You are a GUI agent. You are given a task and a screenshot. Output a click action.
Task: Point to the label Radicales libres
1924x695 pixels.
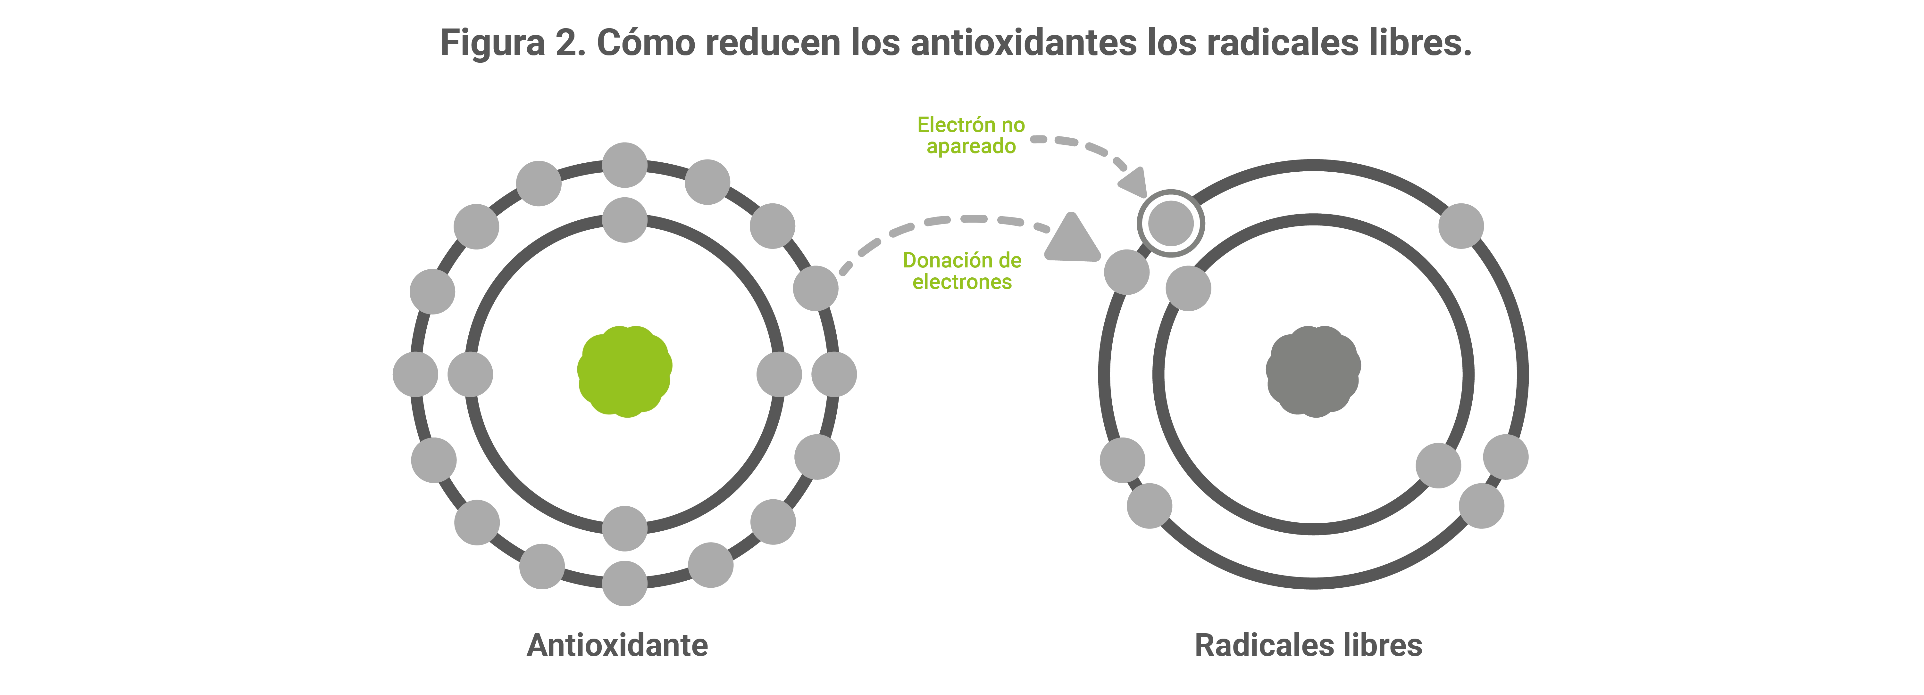click(x=1309, y=645)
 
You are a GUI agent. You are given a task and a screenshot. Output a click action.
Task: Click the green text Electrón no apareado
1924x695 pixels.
click(x=971, y=135)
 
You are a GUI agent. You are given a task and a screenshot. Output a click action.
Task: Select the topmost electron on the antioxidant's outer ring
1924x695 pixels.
click(x=624, y=165)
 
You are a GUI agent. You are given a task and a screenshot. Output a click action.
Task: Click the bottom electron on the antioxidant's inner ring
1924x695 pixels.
click(x=624, y=528)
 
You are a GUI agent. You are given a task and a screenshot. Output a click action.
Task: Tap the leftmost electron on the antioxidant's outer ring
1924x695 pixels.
click(x=415, y=374)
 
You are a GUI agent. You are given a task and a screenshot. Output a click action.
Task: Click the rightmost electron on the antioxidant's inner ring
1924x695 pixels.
click(x=779, y=374)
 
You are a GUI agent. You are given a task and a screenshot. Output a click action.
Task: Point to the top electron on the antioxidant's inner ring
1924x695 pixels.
click(x=624, y=219)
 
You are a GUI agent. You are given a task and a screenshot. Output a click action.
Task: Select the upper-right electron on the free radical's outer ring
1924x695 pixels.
click(x=1461, y=225)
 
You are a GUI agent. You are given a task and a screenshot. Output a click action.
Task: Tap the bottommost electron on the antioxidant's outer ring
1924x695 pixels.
click(x=624, y=583)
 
